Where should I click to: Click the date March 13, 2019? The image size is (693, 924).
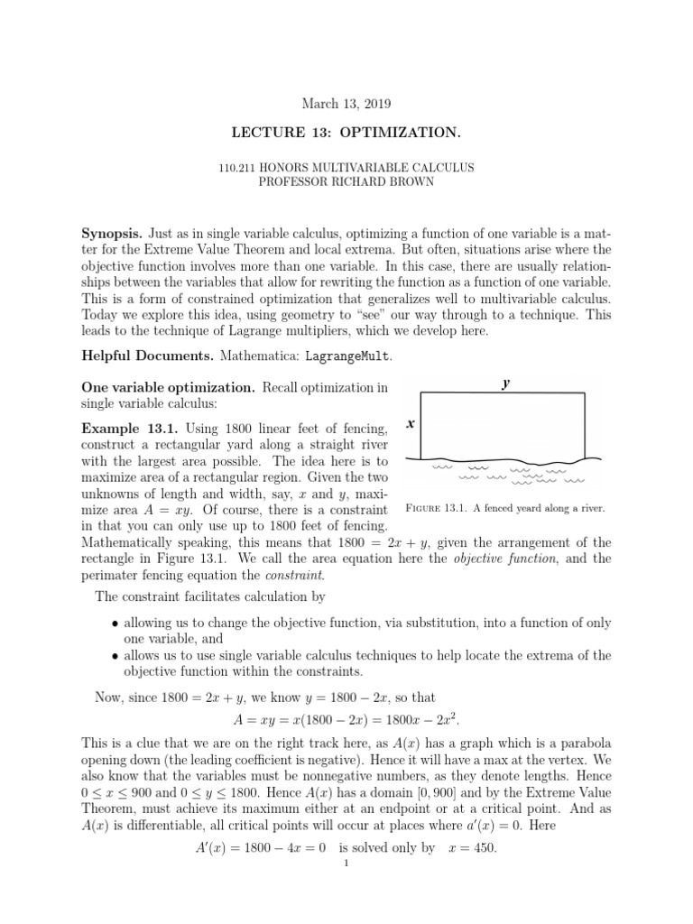[x=346, y=104]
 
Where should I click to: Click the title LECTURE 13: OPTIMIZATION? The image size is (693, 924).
[x=346, y=134]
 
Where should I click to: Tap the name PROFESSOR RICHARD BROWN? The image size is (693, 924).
[x=346, y=181]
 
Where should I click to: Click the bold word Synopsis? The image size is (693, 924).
[x=112, y=233]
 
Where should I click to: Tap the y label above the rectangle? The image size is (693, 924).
[x=506, y=383]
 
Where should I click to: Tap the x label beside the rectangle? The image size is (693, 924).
[x=410, y=423]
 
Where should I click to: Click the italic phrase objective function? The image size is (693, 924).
[x=494, y=559]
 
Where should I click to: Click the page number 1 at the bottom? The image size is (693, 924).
[x=346, y=864]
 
